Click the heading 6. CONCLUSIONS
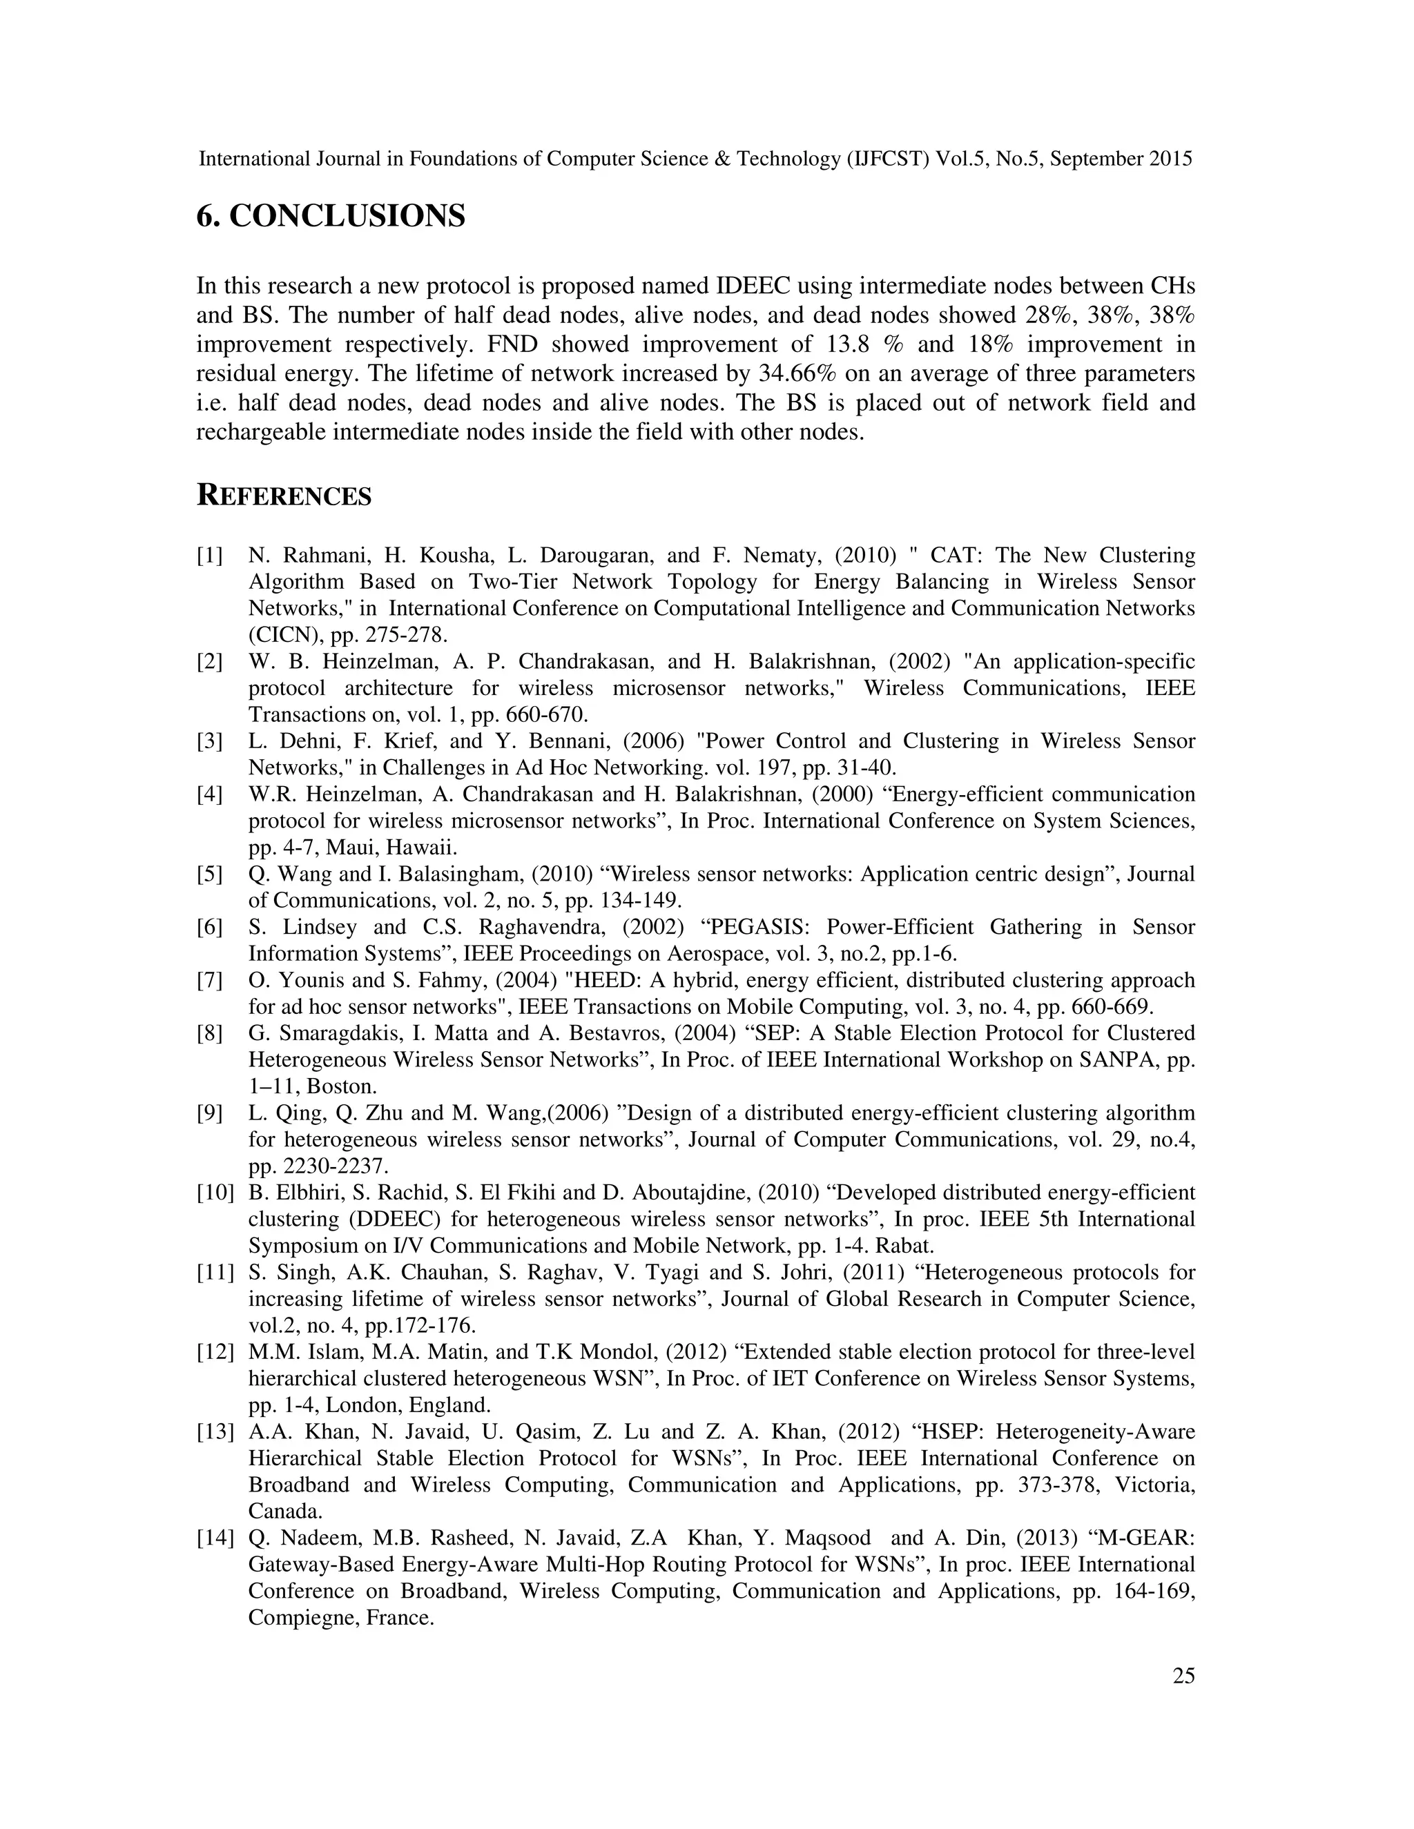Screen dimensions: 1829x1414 (330, 216)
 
